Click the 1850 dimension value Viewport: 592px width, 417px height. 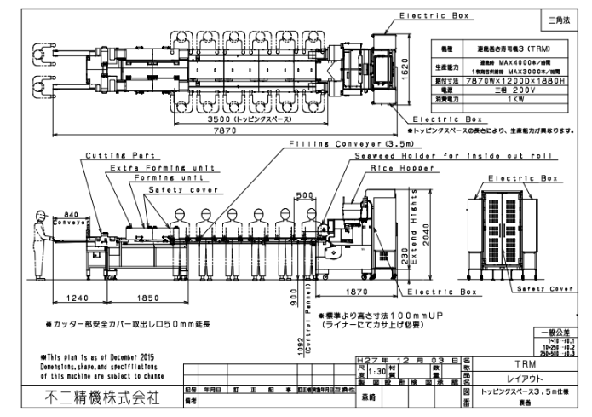tap(145, 298)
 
